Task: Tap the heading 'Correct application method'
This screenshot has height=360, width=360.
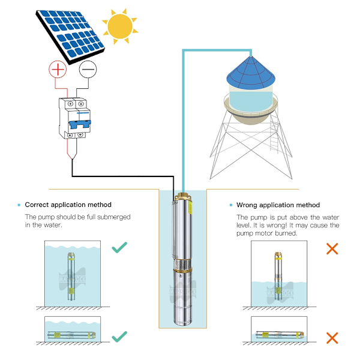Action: (x=68, y=205)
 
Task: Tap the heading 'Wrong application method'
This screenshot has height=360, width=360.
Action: (x=278, y=205)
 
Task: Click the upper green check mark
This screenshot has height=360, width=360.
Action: (x=120, y=246)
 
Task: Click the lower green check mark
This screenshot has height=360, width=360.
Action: (x=120, y=336)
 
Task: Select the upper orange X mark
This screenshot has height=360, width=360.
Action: (x=331, y=248)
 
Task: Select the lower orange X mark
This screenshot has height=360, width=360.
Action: (x=331, y=338)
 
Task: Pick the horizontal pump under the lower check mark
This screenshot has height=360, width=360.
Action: (x=70, y=334)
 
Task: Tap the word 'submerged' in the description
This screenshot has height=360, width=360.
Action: (x=112, y=217)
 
